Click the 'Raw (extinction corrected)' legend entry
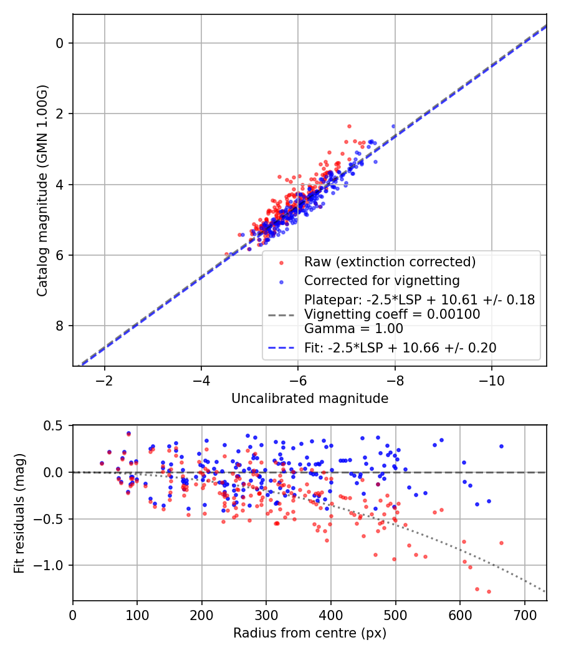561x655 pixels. pos(390,261)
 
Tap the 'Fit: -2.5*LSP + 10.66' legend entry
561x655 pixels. pos(400,348)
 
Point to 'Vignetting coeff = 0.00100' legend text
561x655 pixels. pos(392,314)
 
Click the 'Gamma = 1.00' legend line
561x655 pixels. pos(353,329)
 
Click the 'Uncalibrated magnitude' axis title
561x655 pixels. pos(310,399)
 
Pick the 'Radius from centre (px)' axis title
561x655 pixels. pos(310,633)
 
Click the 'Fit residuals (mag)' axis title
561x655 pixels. pos(19,512)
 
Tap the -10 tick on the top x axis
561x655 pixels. pos(491,380)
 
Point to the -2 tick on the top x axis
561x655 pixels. pos(104,380)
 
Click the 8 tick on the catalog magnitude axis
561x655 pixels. pos(60,326)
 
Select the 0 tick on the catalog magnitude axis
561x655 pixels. pos(60,43)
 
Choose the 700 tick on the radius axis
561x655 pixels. pos(524,614)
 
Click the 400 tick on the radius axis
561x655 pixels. pos(331,614)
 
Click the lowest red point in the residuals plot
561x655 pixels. pos(489,591)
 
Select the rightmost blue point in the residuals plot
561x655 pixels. pos(501,446)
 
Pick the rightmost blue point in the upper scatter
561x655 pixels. pos(393,126)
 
